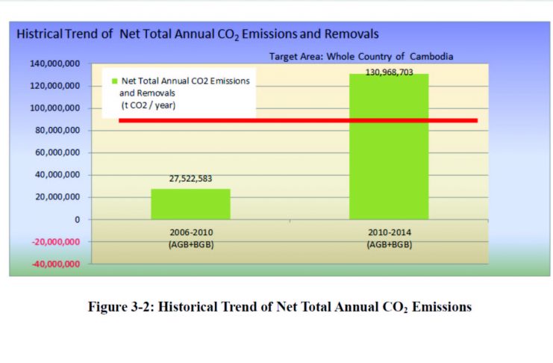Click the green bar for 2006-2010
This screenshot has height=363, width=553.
[x=190, y=204]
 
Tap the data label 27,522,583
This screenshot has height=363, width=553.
[x=190, y=179]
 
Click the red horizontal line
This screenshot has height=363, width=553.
[x=299, y=120]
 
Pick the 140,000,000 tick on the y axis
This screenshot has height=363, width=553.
[x=55, y=64]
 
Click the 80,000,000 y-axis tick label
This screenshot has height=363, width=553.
[x=57, y=131]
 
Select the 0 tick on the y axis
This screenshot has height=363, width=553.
[x=77, y=220]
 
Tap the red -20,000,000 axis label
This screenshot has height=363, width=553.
[x=56, y=242]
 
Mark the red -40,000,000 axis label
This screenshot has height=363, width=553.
[x=56, y=264]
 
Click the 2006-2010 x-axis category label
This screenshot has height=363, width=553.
[x=191, y=232]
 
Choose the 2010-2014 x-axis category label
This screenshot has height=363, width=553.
[x=390, y=232]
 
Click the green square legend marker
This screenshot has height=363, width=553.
[x=113, y=81]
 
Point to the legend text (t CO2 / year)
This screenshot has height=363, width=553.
[x=148, y=106]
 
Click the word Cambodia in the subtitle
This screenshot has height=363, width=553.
[x=433, y=56]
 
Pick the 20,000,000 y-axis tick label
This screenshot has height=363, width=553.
[x=57, y=198]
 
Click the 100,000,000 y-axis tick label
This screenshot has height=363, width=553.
[x=55, y=108]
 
